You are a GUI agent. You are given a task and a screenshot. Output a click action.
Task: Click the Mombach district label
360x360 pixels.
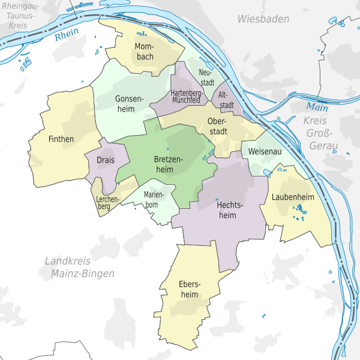(x=144, y=51)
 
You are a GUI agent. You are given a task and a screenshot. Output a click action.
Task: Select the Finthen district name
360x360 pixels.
(x=61, y=139)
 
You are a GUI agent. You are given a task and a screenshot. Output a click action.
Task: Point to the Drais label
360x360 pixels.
(x=106, y=160)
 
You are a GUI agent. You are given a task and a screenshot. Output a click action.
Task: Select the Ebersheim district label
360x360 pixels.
(x=188, y=289)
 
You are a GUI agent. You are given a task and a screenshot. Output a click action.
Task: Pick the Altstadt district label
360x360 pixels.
(x=226, y=100)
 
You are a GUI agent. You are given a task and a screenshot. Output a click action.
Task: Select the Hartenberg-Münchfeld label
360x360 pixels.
(x=185, y=97)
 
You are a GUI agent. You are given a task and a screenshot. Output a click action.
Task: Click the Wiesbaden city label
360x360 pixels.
(x=263, y=19)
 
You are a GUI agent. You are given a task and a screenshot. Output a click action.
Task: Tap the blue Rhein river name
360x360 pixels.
(x=66, y=36)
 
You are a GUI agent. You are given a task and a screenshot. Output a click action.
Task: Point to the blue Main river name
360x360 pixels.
(x=317, y=107)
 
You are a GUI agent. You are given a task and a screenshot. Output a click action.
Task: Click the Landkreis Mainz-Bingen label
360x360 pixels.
(x=79, y=267)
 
